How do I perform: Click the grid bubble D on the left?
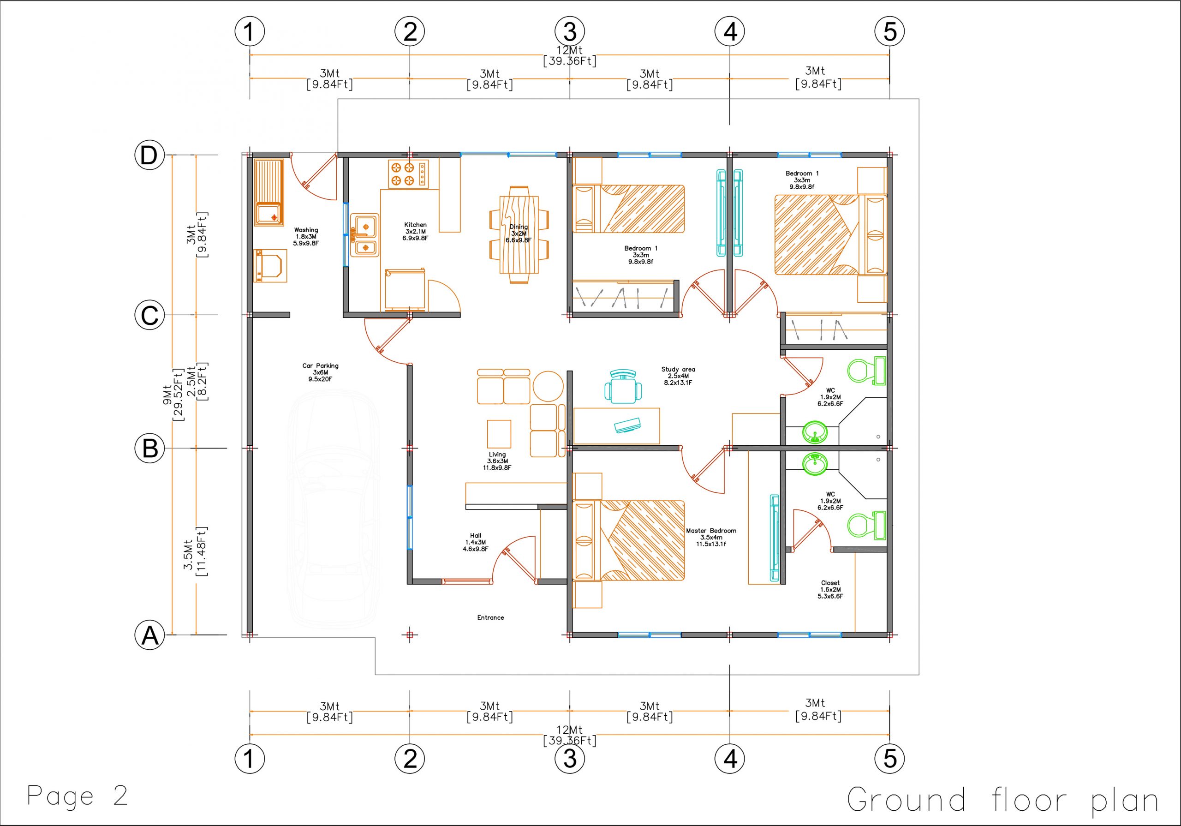click(x=149, y=155)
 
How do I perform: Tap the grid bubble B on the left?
click(x=149, y=448)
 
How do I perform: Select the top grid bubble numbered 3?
click(x=569, y=32)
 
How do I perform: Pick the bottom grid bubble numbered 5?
click(x=890, y=758)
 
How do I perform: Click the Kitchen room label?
click(x=415, y=232)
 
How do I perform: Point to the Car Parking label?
click(x=320, y=372)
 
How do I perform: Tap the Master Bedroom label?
click(x=711, y=537)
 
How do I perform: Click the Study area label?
click(x=678, y=376)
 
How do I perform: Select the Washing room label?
click(x=306, y=237)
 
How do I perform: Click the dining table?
click(x=519, y=234)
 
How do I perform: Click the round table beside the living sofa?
click(x=549, y=387)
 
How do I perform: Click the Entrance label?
click(x=490, y=617)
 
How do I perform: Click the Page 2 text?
click(x=77, y=796)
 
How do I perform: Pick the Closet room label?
click(x=830, y=590)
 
